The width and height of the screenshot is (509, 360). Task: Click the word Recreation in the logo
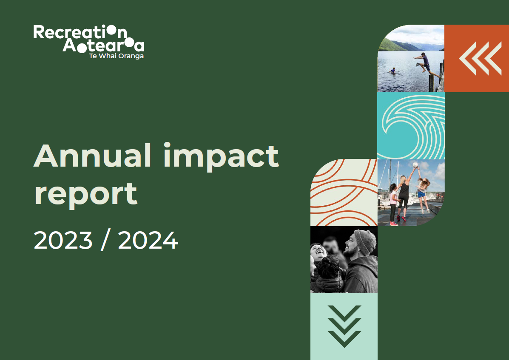tap(80, 32)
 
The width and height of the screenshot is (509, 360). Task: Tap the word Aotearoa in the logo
tap(103, 45)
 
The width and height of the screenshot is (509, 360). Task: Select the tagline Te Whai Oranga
tap(116, 56)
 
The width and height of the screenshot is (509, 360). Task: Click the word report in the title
tap(85, 194)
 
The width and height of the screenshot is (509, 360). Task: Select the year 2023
tap(63, 240)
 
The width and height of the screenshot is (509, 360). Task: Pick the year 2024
tap(148, 240)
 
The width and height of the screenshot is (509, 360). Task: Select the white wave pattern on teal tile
tap(411, 126)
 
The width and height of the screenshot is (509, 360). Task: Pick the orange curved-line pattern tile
tap(344, 193)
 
